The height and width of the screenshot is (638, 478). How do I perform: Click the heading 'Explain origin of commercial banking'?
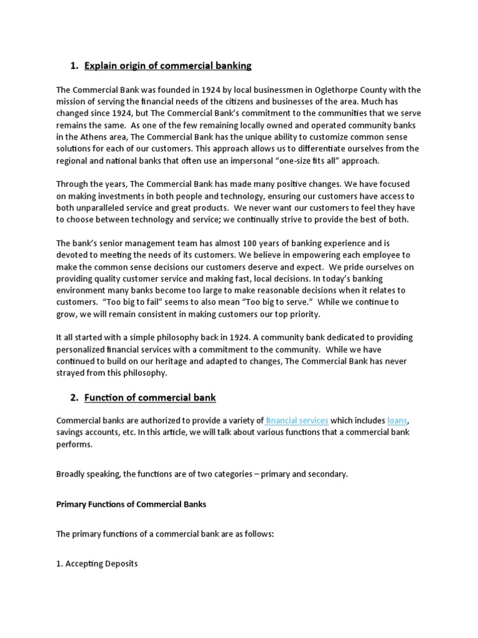(168, 65)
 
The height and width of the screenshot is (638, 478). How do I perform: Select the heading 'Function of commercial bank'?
(150, 398)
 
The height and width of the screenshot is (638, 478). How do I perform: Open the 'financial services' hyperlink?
(297, 421)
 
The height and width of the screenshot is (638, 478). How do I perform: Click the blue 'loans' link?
(398, 421)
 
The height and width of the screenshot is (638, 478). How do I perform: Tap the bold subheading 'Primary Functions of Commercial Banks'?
(131, 504)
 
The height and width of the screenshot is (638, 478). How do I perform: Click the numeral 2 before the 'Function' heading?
(74, 398)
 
